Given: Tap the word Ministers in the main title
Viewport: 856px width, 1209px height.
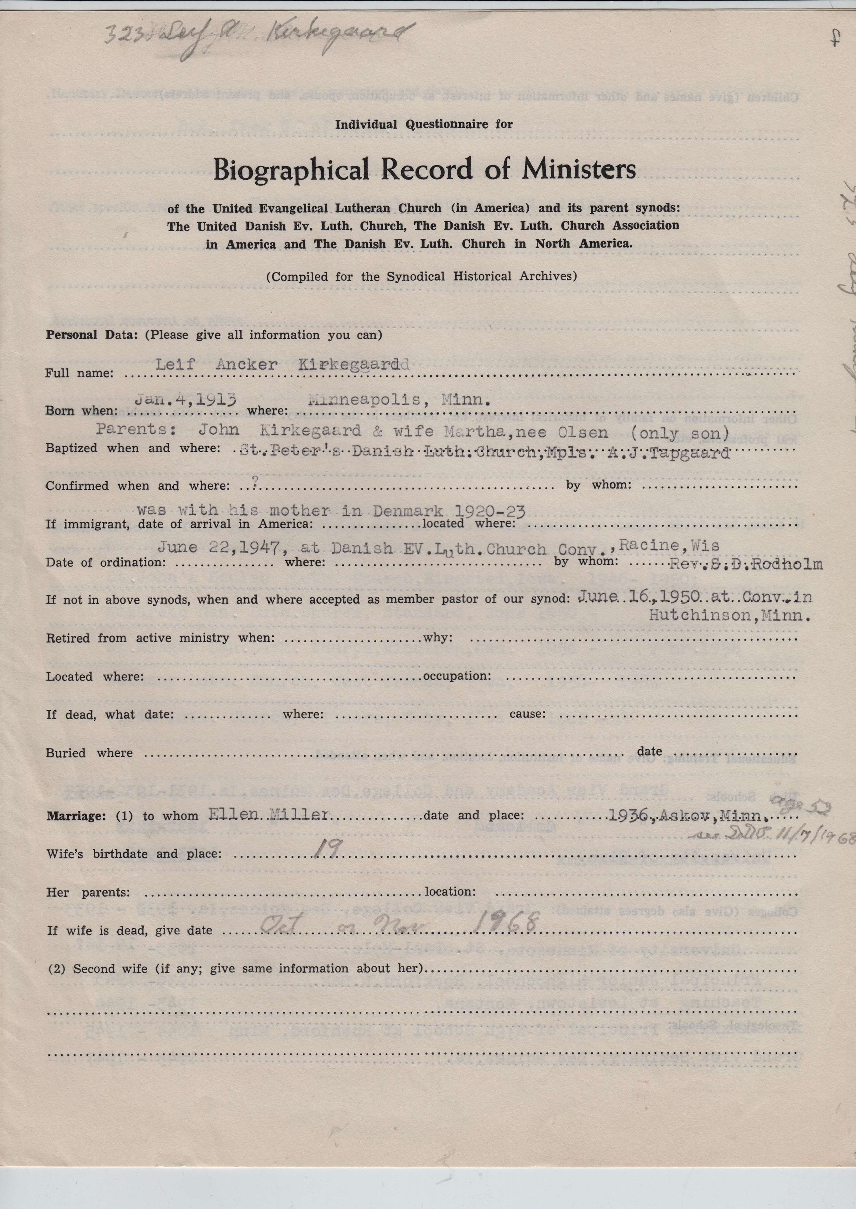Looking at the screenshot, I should coord(579,170).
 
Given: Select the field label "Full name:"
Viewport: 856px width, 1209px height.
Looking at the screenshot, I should coord(79,373).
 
